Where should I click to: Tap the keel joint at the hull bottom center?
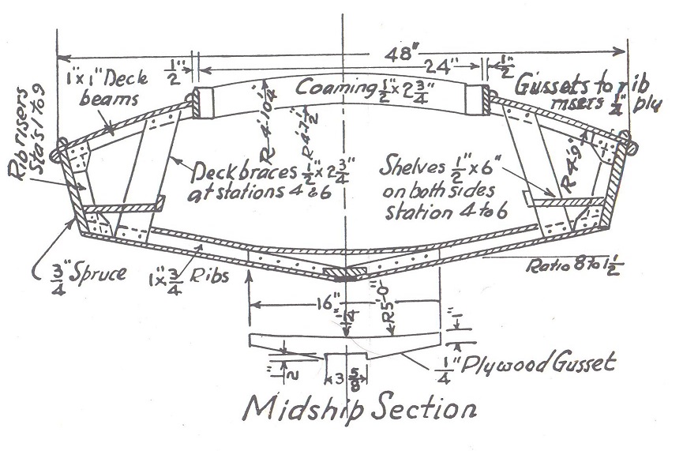[x=344, y=273]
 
